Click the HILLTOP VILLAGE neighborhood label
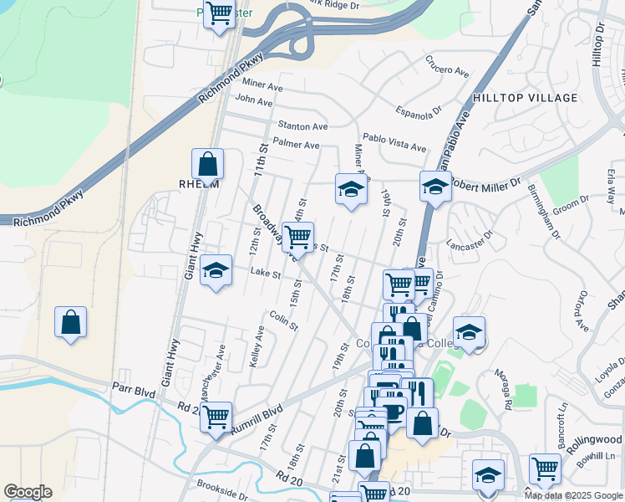click(x=525, y=98)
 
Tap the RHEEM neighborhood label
click(x=199, y=184)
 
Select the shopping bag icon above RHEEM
click(x=207, y=163)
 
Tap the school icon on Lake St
click(x=216, y=270)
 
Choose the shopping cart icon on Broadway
click(x=297, y=237)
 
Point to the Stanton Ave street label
click(x=302, y=125)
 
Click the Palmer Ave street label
click(x=297, y=145)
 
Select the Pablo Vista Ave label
click(x=394, y=141)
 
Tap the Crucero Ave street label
click(x=448, y=65)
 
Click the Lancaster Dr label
click(x=466, y=245)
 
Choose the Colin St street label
click(x=284, y=320)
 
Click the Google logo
click(x=28, y=492)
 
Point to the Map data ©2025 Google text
click(x=572, y=495)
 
